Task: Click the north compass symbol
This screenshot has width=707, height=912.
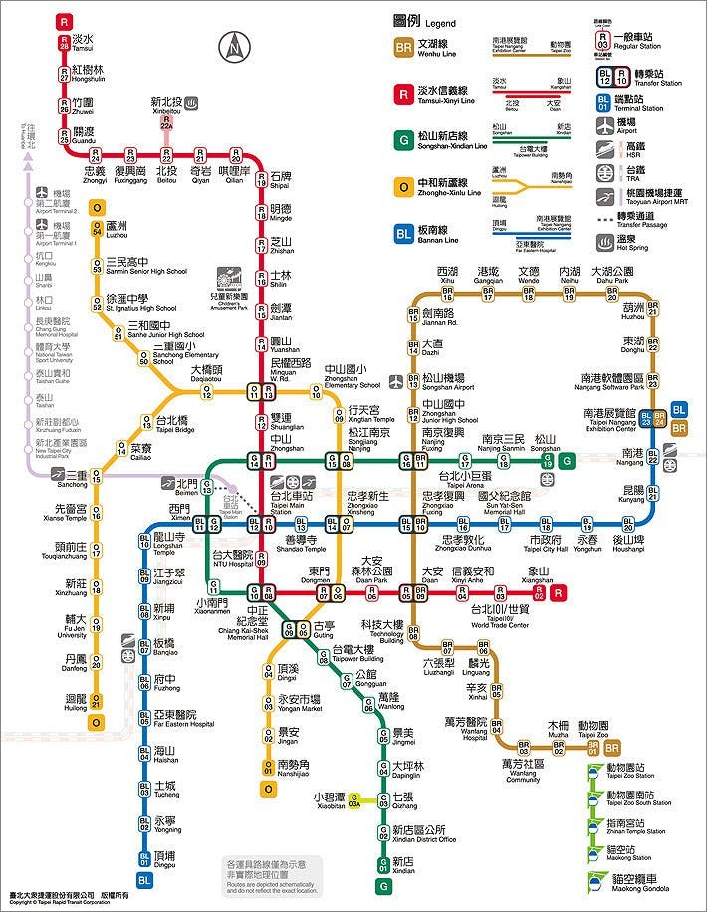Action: (235, 45)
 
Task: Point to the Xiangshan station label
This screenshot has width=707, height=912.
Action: (537, 574)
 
